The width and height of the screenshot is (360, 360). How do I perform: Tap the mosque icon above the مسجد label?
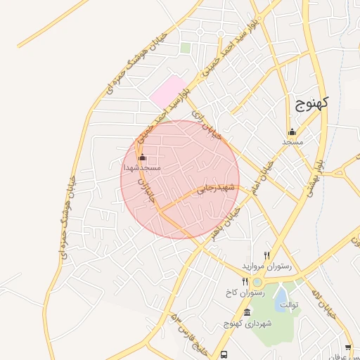click(x=292, y=131)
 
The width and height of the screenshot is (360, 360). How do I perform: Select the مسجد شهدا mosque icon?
click(x=143, y=157)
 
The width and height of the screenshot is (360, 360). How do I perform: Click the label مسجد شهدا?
click(x=142, y=169)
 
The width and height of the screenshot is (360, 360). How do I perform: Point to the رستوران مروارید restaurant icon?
click(x=266, y=255)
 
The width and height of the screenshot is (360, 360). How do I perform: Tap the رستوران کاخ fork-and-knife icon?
click(x=245, y=281)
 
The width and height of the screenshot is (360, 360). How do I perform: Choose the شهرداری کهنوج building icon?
click(x=246, y=312)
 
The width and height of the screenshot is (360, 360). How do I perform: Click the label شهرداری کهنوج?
click(x=242, y=323)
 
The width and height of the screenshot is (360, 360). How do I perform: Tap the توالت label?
click(x=290, y=305)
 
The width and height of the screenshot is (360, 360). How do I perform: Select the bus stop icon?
click(x=224, y=354)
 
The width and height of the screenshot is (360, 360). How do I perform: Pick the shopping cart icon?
click(x=349, y=348)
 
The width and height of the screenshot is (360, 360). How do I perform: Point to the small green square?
click(x=186, y=48)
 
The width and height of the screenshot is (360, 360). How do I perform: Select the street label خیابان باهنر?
click(x=229, y=221)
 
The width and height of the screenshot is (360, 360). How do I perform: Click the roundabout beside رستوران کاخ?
click(x=258, y=282)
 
